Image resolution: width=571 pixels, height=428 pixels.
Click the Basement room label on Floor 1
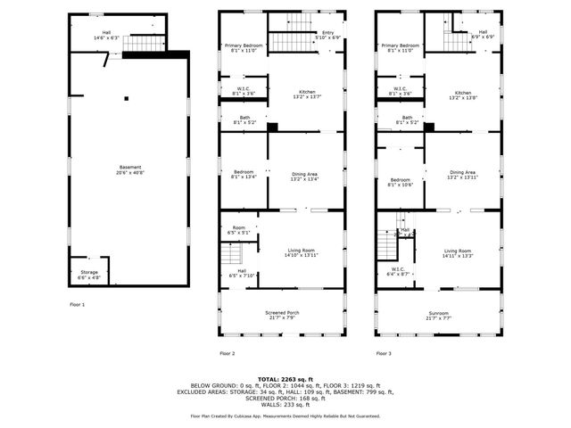(129, 169)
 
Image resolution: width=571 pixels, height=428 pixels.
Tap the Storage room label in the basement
(89, 274)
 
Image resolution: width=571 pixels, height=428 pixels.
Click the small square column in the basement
(127, 98)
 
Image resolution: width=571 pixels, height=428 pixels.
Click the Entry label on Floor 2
(327, 35)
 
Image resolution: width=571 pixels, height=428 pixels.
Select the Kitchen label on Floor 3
(462, 95)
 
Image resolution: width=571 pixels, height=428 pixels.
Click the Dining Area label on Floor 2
(305, 175)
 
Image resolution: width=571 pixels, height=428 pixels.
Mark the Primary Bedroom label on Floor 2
(243, 47)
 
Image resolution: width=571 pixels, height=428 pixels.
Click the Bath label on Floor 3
(407, 119)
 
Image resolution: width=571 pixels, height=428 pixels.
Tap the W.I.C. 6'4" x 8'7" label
(398, 271)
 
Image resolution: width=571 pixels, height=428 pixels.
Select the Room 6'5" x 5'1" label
(239, 230)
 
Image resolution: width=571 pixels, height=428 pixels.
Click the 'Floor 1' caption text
(78, 305)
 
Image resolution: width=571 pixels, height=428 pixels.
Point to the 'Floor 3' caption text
(385, 354)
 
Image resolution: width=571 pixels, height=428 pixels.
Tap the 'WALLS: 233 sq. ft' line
(285, 405)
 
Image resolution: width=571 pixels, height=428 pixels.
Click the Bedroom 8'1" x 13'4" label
(244, 175)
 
